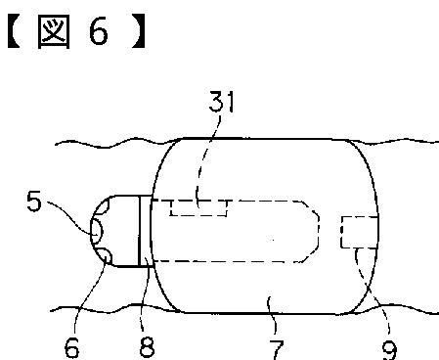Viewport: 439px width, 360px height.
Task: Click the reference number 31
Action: click(221, 102)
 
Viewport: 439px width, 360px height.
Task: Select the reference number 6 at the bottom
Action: click(71, 347)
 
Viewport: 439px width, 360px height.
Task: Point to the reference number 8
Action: click(147, 346)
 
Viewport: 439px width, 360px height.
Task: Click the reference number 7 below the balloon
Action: click(277, 349)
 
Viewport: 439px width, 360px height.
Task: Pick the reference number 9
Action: click(390, 349)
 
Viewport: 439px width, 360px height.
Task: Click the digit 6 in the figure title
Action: click(98, 31)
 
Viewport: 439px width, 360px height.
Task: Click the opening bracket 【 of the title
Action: click(14, 31)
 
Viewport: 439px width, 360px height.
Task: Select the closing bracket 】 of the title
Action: click(139, 31)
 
